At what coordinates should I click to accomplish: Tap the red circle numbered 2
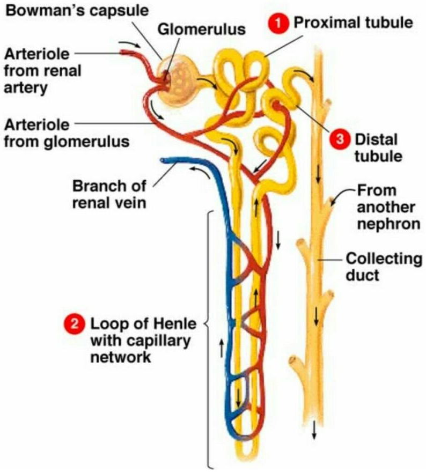point(74,323)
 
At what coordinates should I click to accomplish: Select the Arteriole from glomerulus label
point(67,133)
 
